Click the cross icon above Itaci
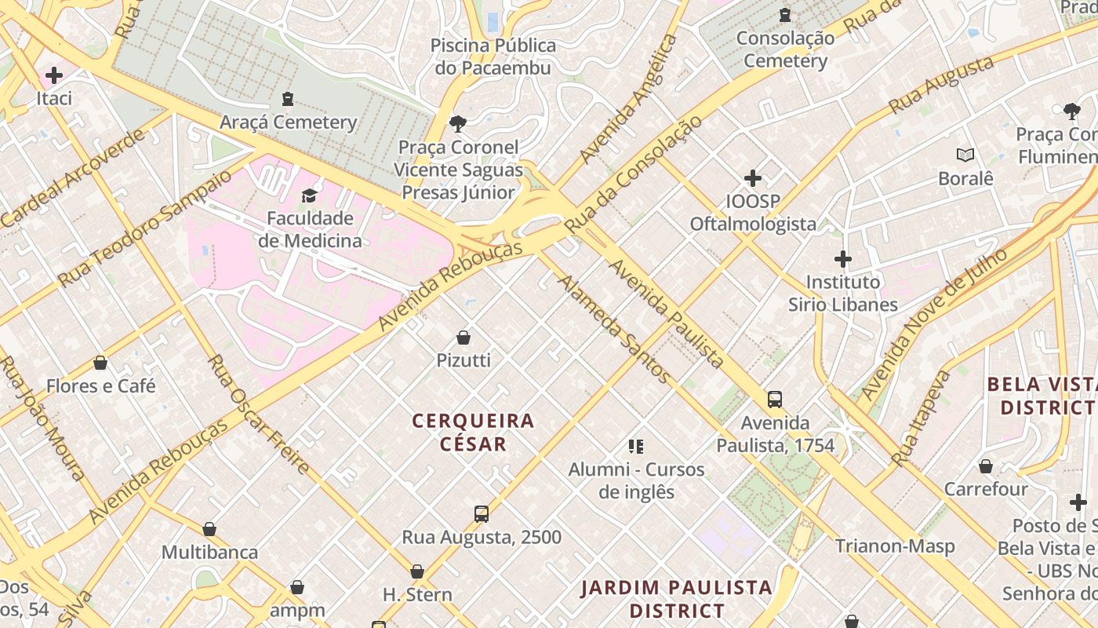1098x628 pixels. click(54, 75)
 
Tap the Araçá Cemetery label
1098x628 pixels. click(288, 122)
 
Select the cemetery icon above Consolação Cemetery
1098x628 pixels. click(784, 14)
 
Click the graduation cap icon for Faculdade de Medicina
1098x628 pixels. click(310, 195)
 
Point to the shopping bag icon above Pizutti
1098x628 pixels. click(464, 338)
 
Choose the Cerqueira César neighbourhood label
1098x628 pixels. click(473, 433)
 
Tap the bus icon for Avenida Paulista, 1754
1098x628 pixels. click(775, 400)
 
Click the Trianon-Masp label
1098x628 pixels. click(894, 546)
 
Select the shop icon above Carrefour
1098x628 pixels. click(986, 466)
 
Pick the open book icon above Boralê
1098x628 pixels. click(965, 155)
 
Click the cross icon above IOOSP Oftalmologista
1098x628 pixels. click(753, 178)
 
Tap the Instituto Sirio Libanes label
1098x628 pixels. click(842, 293)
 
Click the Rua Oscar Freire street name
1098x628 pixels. click(258, 414)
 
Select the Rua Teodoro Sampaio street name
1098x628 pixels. click(145, 227)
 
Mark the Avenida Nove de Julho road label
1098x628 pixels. click(933, 324)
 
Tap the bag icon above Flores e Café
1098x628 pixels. click(100, 363)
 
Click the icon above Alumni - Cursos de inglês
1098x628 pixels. click(636, 447)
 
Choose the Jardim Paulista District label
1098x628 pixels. click(676, 599)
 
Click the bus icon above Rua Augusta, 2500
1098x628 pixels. click(482, 514)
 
